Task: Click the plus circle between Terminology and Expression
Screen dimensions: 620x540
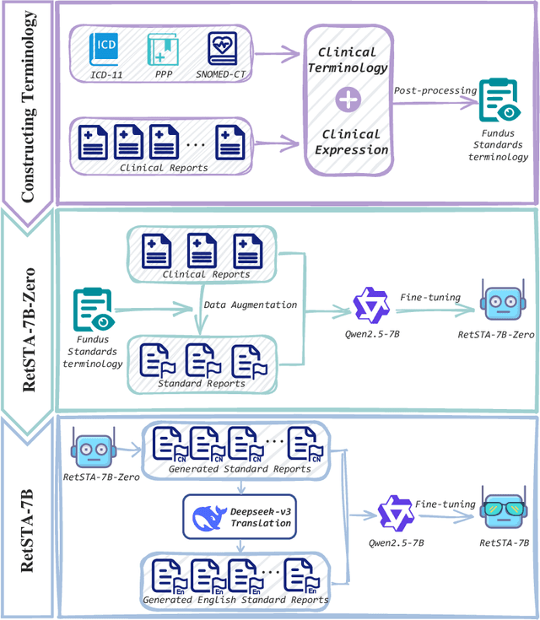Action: click(x=347, y=100)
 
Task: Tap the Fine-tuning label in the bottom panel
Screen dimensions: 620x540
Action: click(x=437, y=503)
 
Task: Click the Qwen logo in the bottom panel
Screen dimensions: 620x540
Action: click(x=393, y=511)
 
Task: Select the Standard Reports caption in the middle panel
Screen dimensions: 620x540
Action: click(x=202, y=384)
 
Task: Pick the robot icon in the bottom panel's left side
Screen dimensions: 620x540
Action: click(x=91, y=448)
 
